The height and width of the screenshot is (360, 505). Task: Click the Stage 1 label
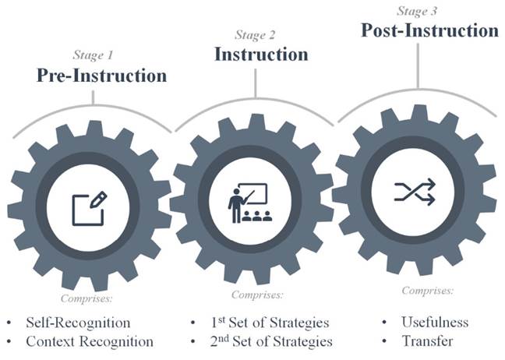click(x=93, y=55)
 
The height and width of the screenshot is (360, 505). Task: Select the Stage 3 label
click(x=418, y=11)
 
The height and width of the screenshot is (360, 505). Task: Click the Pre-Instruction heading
click(x=101, y=76)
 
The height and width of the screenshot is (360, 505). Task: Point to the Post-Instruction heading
click(x=429, y=30)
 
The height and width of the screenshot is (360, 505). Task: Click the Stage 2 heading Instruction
click(x=261, y=55)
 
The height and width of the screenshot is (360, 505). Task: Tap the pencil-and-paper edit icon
click(x=89, y=206)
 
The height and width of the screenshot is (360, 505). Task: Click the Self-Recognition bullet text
click(x=78, y=322)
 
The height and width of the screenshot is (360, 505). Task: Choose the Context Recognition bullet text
click(x=90, y=341)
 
